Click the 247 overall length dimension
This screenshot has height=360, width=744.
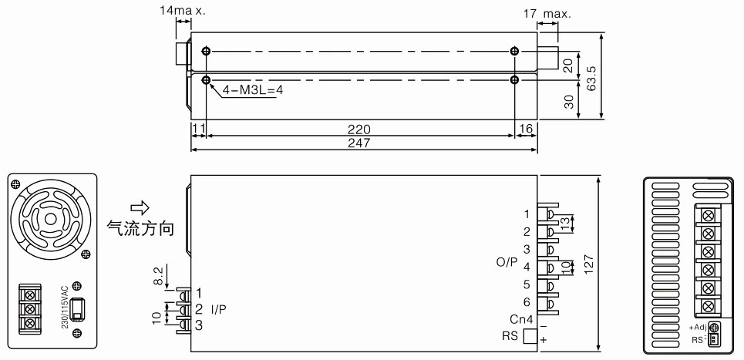[359, 143]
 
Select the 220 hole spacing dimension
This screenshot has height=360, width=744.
[359, 130]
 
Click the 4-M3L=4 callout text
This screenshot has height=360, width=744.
[252, 89]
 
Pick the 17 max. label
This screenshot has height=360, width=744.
[547, 14]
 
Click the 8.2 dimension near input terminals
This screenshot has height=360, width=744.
[159, 276]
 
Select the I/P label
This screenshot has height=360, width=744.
[219, 310]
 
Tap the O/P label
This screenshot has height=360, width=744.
[507, 262]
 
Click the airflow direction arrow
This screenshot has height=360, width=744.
[140, 207]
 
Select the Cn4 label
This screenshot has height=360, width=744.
[521, 318]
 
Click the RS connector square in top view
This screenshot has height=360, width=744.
[530, 336]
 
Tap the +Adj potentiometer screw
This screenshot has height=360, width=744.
[713, 327]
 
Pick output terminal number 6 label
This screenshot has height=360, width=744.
[527, 302]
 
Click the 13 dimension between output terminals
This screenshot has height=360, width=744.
[564, 224]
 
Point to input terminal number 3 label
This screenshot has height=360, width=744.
[199, 325]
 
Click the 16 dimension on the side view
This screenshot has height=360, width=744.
[527, 130]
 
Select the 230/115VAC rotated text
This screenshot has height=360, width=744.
[65, 306]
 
